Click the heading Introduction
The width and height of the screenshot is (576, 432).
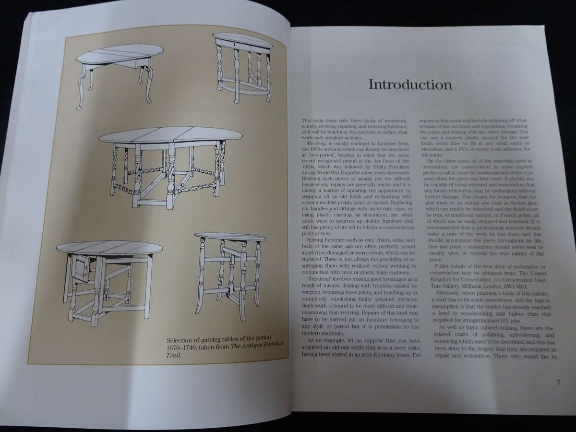[409, 85]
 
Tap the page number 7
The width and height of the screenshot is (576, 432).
[559, 383]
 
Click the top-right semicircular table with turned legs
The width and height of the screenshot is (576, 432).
[243, 66]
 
